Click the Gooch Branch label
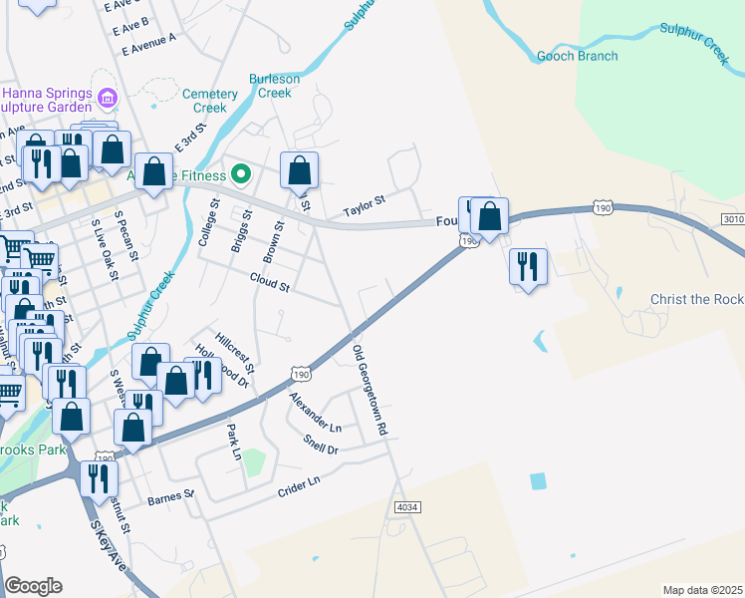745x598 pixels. [x=577, y=56]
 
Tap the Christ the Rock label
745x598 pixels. [x=696, y=300]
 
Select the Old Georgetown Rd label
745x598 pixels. [x=370, y=390]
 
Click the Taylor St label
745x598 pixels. [x=364, y=210]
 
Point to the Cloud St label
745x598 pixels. [x=269, y=287]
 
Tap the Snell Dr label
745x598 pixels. [x=320, y=443]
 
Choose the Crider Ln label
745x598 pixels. [x=299, y=482]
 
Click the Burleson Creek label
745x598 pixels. [x=275, y=86]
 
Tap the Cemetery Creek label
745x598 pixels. [x=210, y=101]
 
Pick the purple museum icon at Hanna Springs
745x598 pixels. [x=108, y=98]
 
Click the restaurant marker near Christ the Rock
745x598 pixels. [x=527, y=265]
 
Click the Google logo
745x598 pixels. [x=34, y=586]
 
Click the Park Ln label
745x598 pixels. [x=235, y=442]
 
